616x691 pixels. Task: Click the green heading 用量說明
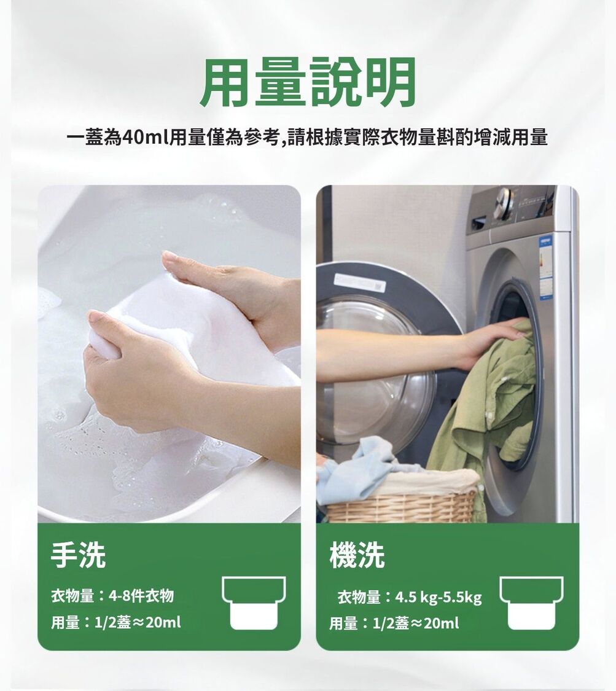click(308, 82)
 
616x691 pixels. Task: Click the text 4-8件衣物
click(141, 596)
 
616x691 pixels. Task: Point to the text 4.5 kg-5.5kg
click(439, 597)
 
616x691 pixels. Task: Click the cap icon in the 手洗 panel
click(254, 603)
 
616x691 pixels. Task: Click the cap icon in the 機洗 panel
click(531, 603)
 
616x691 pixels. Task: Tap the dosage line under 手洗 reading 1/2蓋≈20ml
click(138, 622)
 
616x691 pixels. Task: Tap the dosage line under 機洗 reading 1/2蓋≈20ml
click(416, 623)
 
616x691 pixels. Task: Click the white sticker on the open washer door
click(359, 283)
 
